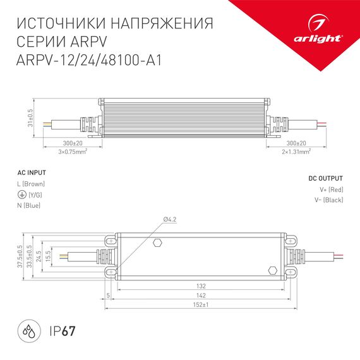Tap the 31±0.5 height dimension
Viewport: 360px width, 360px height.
point(30,116)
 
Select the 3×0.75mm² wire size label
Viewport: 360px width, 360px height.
point(72,152)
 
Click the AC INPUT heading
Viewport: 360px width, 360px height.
point(32,172)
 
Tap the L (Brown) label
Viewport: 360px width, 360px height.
point(32,183)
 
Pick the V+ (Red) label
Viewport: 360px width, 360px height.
point(331,189)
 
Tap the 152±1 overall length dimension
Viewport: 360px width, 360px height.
point(200,305)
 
